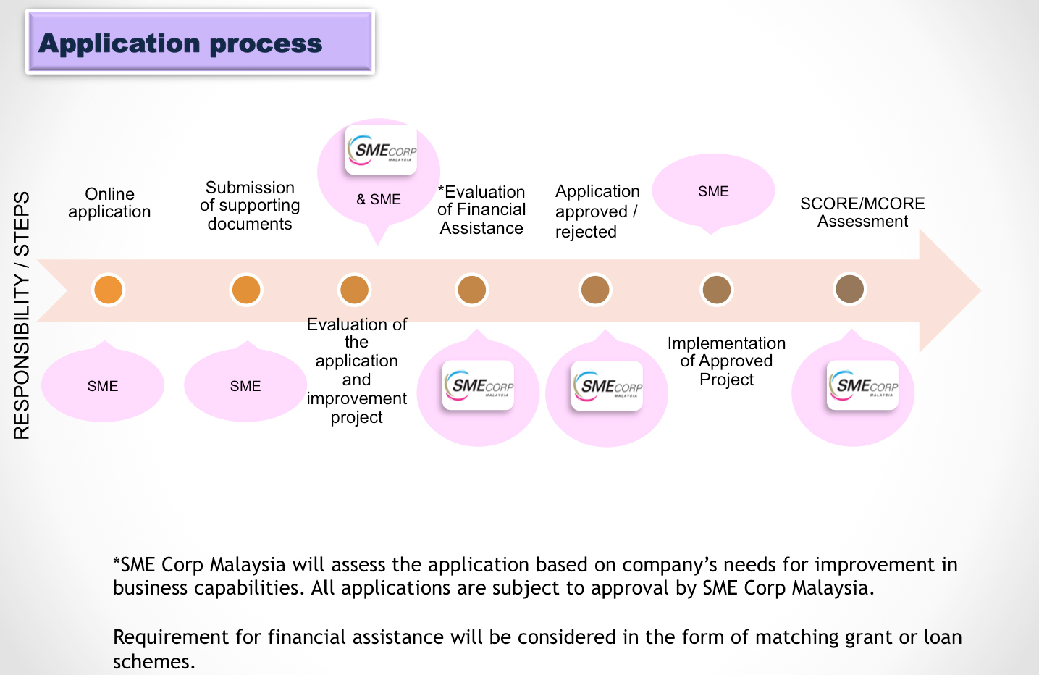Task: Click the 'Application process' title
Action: (180, 43)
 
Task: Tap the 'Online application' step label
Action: (109, 203)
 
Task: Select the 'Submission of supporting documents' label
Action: (250, 206)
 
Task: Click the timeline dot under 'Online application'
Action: (108, 290)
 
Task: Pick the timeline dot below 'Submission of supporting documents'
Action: (246, 290)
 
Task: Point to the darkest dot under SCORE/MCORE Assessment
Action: (849, 289)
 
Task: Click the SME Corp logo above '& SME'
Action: (381, 150)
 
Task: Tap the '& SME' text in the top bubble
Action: (379, 199)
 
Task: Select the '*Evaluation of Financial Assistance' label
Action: (481, 210)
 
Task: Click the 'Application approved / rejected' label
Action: (597, 211)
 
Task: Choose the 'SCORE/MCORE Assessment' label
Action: (862, 212)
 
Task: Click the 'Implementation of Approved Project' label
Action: (726, 361)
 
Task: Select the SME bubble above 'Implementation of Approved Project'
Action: (713, 192)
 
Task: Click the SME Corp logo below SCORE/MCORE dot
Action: (862, 385)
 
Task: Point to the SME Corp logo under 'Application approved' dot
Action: (607, 386)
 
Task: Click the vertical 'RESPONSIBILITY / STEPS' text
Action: (22, 316)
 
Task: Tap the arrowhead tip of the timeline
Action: (980, 290)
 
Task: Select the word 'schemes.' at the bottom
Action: (154, 661)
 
